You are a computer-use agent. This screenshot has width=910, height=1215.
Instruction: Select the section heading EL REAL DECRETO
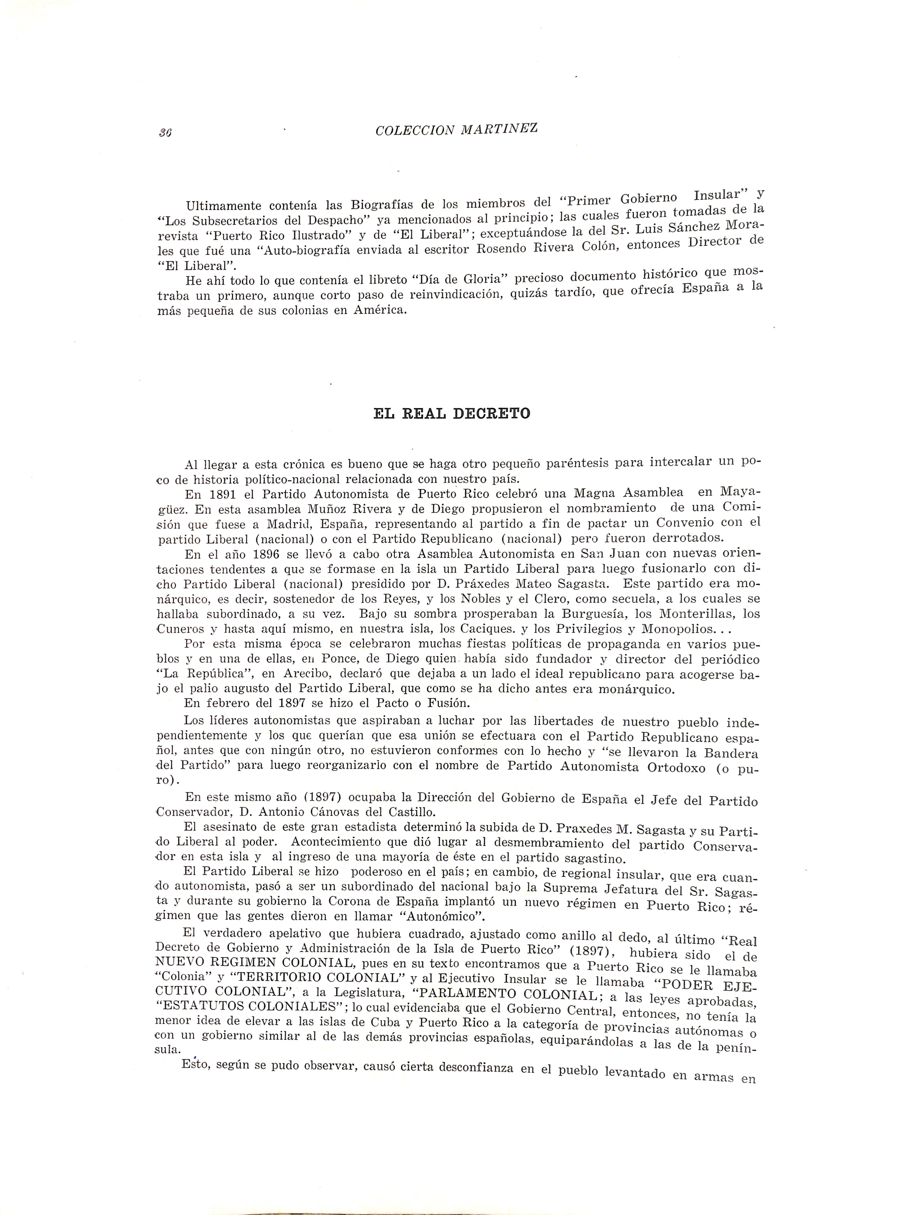coord(451,414)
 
